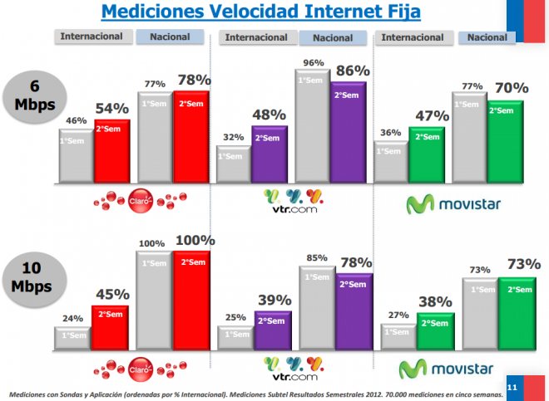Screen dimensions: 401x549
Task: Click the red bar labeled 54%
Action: [x=111, y=150]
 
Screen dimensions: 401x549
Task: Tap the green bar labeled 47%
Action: [x=427, y=154]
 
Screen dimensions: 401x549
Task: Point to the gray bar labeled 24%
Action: [x=72, y=336]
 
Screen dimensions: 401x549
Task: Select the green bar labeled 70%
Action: [x=504, y=141]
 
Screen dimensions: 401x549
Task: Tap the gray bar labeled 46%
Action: [x=76, y=155]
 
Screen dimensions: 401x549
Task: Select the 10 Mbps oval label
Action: [x=32, y=278]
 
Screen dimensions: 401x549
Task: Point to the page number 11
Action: [x=512, y=387]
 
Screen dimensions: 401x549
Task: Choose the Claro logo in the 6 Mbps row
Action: [x=140, y=199]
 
